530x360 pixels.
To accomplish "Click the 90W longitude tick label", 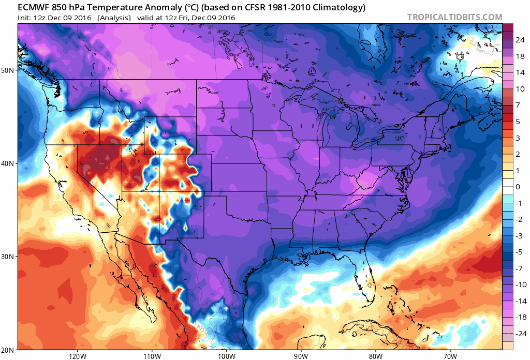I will pyautogui.click(x=301, y=356).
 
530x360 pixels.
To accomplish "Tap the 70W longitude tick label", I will pyautogui.click(x=450, y=356).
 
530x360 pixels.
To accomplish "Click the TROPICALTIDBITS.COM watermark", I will pyautogui.click(x=454, y=17).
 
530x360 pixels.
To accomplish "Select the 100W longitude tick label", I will pyautogui.click(x=226, y=356).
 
